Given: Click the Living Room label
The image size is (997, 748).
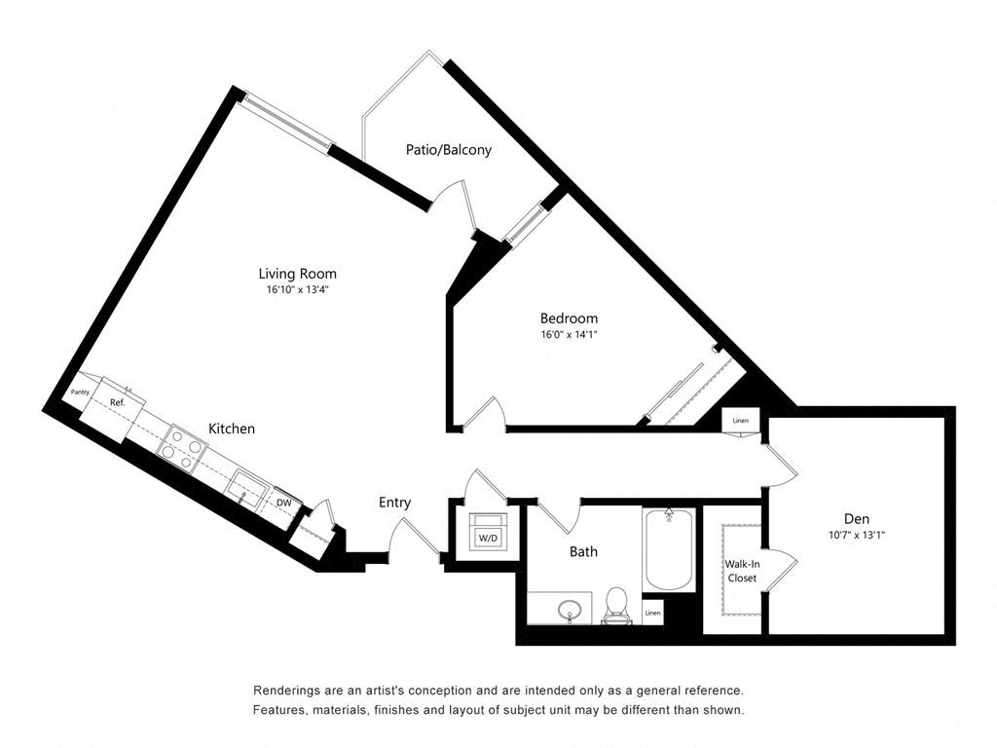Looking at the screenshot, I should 297,274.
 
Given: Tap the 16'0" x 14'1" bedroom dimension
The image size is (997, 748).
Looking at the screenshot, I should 569,334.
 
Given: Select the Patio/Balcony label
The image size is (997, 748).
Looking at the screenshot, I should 448,150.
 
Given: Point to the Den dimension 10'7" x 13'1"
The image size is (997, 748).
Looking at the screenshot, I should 857,535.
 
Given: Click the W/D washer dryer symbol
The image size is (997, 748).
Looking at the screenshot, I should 485,537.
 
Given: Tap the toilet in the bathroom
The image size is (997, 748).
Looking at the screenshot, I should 616,604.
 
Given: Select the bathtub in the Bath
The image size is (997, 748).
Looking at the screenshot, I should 669,548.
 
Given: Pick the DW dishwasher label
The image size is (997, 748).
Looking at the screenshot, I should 284,503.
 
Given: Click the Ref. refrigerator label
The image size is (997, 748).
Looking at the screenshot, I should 117,401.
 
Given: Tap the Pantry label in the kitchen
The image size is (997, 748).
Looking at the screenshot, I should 80,393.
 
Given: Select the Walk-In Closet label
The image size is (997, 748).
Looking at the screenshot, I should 741,571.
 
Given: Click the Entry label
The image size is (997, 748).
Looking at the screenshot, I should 394,503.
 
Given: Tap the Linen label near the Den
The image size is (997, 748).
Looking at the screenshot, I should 741,421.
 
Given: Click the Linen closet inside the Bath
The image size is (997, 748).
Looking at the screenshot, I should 652,614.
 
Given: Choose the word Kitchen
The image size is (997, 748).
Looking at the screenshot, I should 232,429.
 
